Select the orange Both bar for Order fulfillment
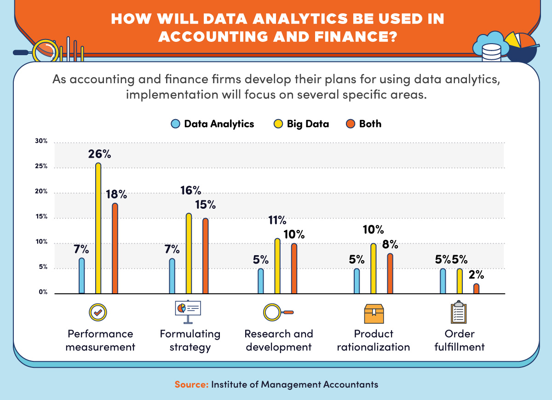pos(476,289)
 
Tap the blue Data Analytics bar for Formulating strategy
pos(172,276)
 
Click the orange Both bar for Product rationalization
pos(390,274)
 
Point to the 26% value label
pos(100,154)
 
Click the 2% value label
pos(477,275)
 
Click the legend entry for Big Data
pos(301,124)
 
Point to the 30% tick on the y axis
pos(41,142)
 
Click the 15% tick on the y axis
pos(41,217)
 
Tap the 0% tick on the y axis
pos(42,292)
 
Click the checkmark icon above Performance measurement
pos(98,313)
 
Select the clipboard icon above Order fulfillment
pos(458,313)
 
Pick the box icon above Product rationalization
pos(373,314)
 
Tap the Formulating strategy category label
pos(190,340)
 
